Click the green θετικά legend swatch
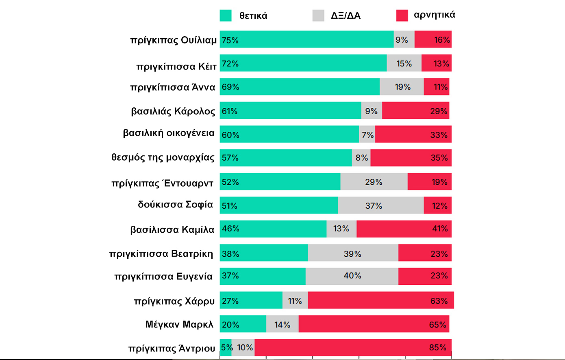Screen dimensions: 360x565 point(226,15)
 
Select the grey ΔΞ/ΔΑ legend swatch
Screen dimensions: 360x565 point(318,15)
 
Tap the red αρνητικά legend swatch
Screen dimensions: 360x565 point(402,15)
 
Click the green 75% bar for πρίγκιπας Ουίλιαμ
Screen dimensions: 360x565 point(307,39)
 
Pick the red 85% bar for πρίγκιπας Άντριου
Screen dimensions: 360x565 point(353,347)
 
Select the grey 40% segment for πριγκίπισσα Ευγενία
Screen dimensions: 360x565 point(352,276)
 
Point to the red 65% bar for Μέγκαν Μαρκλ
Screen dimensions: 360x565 point(374,324)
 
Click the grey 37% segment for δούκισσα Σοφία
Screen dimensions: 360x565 point(381,205)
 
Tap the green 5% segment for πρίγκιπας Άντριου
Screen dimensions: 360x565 point(226,347)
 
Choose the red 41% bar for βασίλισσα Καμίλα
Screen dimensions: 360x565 point(404,229)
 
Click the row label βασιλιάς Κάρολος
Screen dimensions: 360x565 point(173,111)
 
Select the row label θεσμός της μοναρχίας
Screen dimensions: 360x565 point(163,157)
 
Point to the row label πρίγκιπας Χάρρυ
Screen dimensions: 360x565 point(174,301)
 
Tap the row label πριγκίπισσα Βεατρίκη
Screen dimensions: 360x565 point(161,253)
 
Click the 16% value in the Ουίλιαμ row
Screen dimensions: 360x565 point(442,40)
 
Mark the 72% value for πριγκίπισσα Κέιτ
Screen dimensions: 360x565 point(230,63)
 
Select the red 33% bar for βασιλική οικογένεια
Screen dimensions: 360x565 point(413,134)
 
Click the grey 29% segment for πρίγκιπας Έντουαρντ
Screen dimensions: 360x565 point(374,182)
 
